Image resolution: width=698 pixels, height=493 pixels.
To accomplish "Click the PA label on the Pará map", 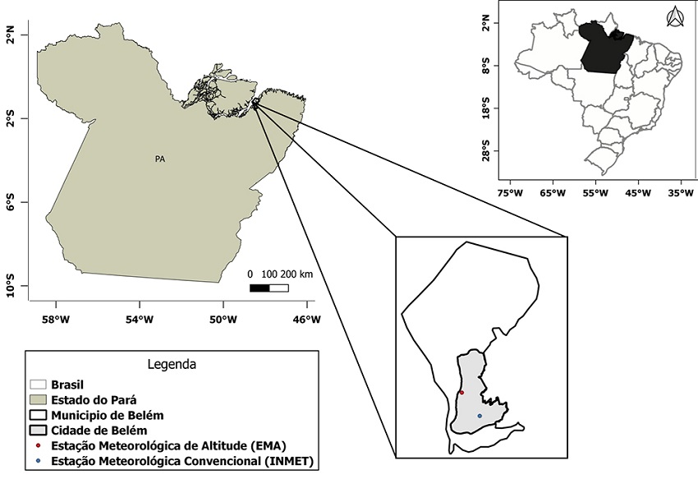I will (161, 159).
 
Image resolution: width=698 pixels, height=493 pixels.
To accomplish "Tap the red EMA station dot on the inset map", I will (462, 393).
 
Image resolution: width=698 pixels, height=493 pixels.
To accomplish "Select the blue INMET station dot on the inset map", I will (480, 416).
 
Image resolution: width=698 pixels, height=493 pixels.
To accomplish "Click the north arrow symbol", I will (674, 16).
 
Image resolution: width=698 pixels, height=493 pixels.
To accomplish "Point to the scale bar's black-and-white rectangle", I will (269, 288).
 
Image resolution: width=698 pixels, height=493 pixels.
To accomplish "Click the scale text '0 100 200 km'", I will (279, 274).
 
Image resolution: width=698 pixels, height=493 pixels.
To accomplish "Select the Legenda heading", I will (171, 363).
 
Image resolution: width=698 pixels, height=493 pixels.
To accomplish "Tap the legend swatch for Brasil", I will (38, 384).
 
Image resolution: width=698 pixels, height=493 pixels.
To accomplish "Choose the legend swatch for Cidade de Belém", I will (38, 430).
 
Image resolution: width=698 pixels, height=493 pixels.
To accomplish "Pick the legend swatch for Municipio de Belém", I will (38, 415).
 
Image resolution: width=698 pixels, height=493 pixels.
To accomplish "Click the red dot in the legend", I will (39, 445).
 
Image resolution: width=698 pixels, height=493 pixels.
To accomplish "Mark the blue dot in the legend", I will (39, 461).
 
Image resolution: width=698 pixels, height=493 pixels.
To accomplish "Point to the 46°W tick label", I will (306, 320).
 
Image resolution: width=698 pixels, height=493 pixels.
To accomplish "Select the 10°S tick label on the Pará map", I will (10, 288).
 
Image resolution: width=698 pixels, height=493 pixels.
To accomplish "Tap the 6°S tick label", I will (10, 203).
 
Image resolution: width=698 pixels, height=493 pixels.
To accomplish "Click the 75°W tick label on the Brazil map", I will (510, 194).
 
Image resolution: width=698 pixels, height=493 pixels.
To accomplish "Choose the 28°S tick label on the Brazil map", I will (486, 153).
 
